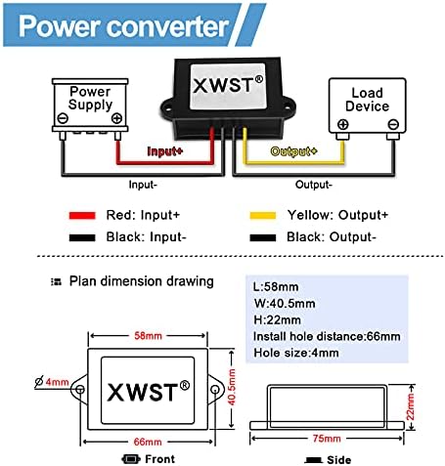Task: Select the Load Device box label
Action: pyautogui.click(x=367, y=100)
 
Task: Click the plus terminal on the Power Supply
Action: pyautogui.click(x=116, y=119)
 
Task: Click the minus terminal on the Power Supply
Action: pyautogui.click(x=64, y=119)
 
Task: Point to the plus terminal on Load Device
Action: pyautogui.click(x=343, y=124)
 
